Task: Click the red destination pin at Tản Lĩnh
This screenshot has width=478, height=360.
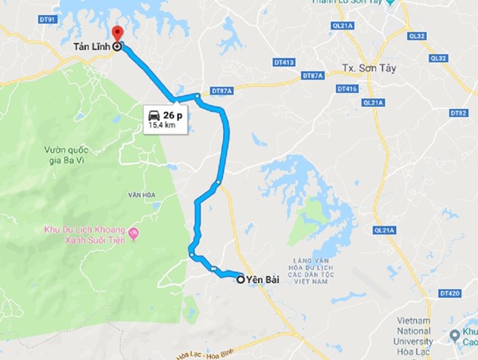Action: pos(118,34)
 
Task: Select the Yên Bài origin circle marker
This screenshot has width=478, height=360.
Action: pos(241,280)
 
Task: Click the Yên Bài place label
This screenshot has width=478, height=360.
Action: pos(264,280)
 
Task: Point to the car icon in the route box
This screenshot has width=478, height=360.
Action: pos(154,115)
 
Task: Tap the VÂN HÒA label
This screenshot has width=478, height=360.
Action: pos(143,195)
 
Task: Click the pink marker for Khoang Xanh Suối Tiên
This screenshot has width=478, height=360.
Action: pos(133,233)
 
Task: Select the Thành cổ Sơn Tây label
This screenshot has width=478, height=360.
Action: pos(350,4)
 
